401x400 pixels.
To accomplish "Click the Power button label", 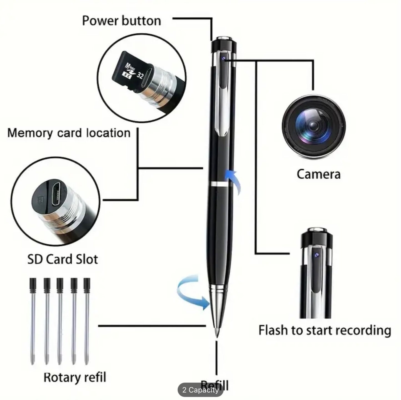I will [x=122, y=21].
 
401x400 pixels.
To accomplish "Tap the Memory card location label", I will [x=69, y=133].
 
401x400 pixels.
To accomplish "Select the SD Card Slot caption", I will [x=62, y=259].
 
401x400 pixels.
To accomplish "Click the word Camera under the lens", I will [x=318, y=174].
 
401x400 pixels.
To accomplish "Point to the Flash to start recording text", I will [x=325, y=331].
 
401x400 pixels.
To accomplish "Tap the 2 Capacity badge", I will [x=200, y=390].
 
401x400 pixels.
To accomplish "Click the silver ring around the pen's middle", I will [x=218, y=184].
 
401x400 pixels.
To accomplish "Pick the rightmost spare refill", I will [x=87, y=319].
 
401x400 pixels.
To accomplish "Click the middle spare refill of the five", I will [x=60, y=319].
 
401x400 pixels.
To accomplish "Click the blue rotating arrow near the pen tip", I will [x=191, y=293].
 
